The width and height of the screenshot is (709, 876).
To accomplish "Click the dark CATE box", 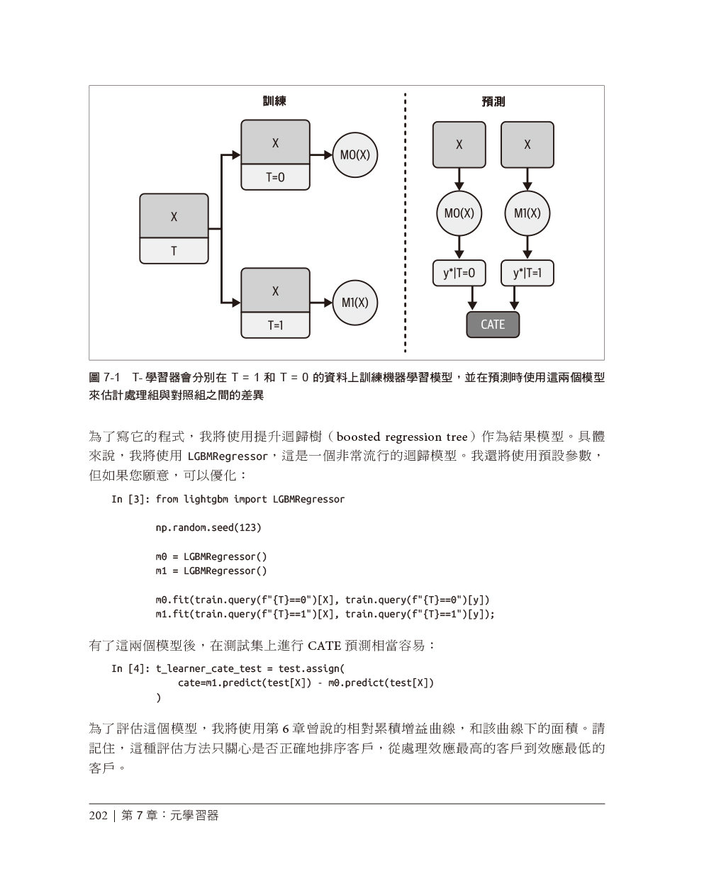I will point(493,325).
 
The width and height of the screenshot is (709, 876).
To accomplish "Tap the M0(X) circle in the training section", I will point(354,155).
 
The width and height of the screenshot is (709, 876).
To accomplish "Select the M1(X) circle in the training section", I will point(354,303).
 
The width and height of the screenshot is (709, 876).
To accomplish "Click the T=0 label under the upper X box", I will point(275,178).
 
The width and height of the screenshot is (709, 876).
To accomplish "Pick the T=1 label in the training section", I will point(275,325).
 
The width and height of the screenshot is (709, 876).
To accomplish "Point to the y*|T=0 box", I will point(459,274).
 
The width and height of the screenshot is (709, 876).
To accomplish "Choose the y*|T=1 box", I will point(527,274).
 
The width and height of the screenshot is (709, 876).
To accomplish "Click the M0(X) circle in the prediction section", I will point(459,213).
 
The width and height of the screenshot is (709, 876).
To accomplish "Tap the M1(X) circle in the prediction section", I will point(527,213).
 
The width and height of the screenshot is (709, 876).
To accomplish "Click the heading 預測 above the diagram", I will point(493,101).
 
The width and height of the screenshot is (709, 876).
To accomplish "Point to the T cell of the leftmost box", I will point(174,251).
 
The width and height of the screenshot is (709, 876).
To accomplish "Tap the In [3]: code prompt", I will point(130,499).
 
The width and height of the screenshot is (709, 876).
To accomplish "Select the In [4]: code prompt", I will point(130,668).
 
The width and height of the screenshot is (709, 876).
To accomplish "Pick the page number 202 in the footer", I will point(98,816).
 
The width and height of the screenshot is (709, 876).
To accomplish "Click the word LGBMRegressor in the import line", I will point(308,499).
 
